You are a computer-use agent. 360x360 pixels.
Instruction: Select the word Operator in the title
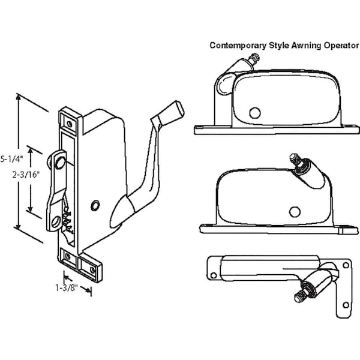(x=337, y=45)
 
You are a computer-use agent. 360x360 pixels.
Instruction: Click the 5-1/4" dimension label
(x=10, y=159)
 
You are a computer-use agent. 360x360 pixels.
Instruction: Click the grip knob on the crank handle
(x=175, y=110)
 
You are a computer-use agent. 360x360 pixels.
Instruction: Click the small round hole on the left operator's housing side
(x=95, y=206)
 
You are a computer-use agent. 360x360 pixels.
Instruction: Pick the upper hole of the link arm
(x=59, y=161)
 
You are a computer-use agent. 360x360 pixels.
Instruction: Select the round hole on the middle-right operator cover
(x=294, y=211)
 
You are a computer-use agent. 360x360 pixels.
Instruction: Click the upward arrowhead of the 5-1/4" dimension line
(x=20, y=96)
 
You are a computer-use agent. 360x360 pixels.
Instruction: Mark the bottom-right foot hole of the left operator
(x=92, y=271)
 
